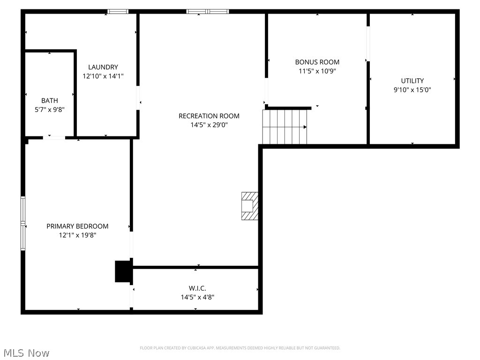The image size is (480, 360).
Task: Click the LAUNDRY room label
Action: pyautogui.click(x=103, y=67)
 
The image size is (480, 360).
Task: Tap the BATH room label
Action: pyautogui.click(x=50, y=100)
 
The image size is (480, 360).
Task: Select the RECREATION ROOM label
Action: pyautogui.click(x=209, y=116)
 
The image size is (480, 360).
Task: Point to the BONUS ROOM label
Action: pyautogui.click(x=317, y=62)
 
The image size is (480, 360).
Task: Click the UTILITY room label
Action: pyautogui.click(x=412, y=81)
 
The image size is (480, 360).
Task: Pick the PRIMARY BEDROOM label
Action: pyautogui.click(x=77, y=226)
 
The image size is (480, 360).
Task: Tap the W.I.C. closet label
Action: pyautogui.click(x=198, y=288)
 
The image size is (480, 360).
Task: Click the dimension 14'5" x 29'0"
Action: pyautogui.click(x=209, y=125)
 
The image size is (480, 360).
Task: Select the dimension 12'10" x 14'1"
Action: pyautogui.click(x=103, y=76)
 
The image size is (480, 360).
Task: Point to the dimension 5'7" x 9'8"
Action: pyautogui.click(x=50, y=110)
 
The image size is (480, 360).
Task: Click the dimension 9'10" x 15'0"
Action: pyautogui.click(x=412, y=90)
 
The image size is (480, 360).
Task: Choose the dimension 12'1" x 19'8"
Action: pyautogui.click(x=77, y=235)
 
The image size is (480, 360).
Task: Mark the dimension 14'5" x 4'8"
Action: pyautogui.click(x=198, y=297)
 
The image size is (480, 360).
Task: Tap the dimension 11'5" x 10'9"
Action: pyautogui.click(x=317, y=71)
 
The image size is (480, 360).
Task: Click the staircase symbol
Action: pyautogui.click(x=285, y=127)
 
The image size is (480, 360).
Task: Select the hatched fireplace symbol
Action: pyautogui.click(x=250, y=206)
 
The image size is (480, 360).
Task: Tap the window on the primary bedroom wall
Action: pyautogui.click(x=22, y=224)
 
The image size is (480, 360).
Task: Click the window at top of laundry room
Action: pyautogui.click(x=118, y=11)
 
